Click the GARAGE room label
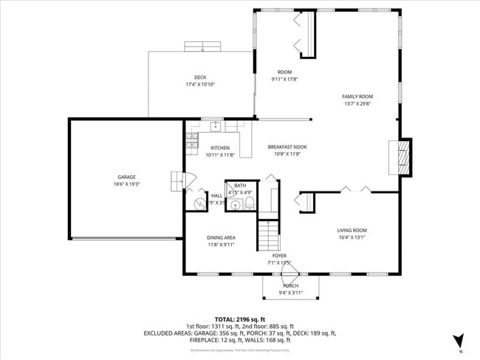pyautogui.click(x=126, y=177)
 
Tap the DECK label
pyautogui.click(x=200, y=78)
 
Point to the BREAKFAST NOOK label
pyautogui.click(x=287, y=147)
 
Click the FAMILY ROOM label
pyautogui.click(x=357, y=96)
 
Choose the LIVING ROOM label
pyautogui.click(x=352, y=230)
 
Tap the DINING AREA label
pyautogui.click(x=221, y=237)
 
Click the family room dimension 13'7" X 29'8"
pyautogui.click(x=357, y=103)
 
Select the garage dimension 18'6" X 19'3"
pyautogui.click(x=126, y=184)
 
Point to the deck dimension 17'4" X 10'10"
pyautogui.click(x=200, y=84)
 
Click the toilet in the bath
pyautogui.click(x=250, y=203)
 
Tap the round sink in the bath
pyautogui.click(x=236, y=205)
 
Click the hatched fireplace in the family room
pyautogui.click(x=402, y=156)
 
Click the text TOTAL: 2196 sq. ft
pyautogui.click(x=239, y=318)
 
